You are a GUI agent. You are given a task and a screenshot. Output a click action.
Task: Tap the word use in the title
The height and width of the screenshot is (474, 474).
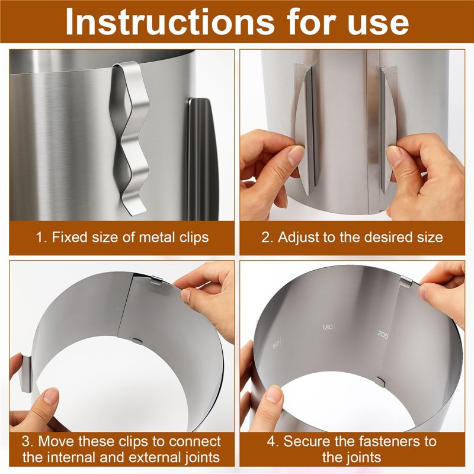[x=378, y=24]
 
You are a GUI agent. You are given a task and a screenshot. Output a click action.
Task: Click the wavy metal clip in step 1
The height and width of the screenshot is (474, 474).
[x=130, y=137]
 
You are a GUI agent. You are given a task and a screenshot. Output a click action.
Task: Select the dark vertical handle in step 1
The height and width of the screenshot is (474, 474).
[x=201, y=158]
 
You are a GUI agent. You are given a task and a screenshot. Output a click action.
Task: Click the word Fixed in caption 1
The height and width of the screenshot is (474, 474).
[x=69, y=237]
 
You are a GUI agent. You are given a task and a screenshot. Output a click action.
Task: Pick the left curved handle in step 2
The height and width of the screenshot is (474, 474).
[x=305, y=130]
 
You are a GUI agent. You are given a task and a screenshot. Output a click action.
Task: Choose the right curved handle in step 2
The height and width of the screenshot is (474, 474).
[x=387, y=130]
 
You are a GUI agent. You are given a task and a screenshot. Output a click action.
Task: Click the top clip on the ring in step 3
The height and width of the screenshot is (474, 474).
[x=156, y=280]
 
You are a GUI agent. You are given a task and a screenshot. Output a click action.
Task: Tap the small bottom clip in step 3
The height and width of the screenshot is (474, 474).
[x=137, y=340]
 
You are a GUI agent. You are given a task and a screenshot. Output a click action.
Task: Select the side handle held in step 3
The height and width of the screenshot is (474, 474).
[x=26, y=374]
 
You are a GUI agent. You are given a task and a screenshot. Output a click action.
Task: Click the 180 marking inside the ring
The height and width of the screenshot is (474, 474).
[x=328, y=327]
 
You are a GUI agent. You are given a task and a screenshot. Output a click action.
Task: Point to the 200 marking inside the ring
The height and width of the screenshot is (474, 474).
[x=383, y=334]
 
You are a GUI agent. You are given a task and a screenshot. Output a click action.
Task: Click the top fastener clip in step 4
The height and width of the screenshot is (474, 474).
[x=406, y=283]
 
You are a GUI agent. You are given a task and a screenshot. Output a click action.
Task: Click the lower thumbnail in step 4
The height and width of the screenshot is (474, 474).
[x=274, y=395]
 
